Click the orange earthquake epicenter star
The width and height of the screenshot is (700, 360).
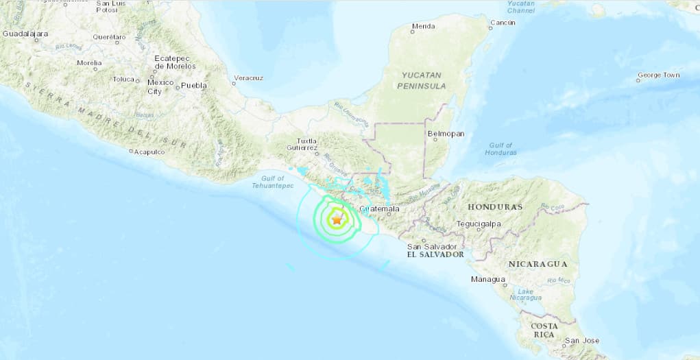pyautogui.click(x=337, y=220)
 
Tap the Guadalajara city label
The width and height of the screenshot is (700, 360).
pyautogui.click(x=25, y=33)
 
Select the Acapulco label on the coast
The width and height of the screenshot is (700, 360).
pyautogui.click(x=149, y=152)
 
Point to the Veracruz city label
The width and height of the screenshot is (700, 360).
pyautogui.click(x=248, y=78)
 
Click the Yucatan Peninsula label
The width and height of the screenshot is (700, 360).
pyautogui.click(x=421, y=80)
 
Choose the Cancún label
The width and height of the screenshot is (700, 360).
pyautogui.click(x=502, y=23)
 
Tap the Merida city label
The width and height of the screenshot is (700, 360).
pyautogui.click(x=422, y=27)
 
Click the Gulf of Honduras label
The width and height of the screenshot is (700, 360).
pyautogui.click(x=500, y=149)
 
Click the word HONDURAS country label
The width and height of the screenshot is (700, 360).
pyautogui.click(x=495, y=206)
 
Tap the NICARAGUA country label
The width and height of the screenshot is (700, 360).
pyautogui.click(x=538, y=263)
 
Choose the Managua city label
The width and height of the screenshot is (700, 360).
pyautogui.click(x=488, y=279)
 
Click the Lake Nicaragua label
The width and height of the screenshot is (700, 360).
pyautogui.click(x=526, y=294)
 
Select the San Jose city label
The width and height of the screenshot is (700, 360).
pyautogui.click(x=581, y=340)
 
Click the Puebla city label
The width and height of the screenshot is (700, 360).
pyautogui.click(x=193, y=86)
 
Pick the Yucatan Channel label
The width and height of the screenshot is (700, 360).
pyautogui.click(x=521, y=8)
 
